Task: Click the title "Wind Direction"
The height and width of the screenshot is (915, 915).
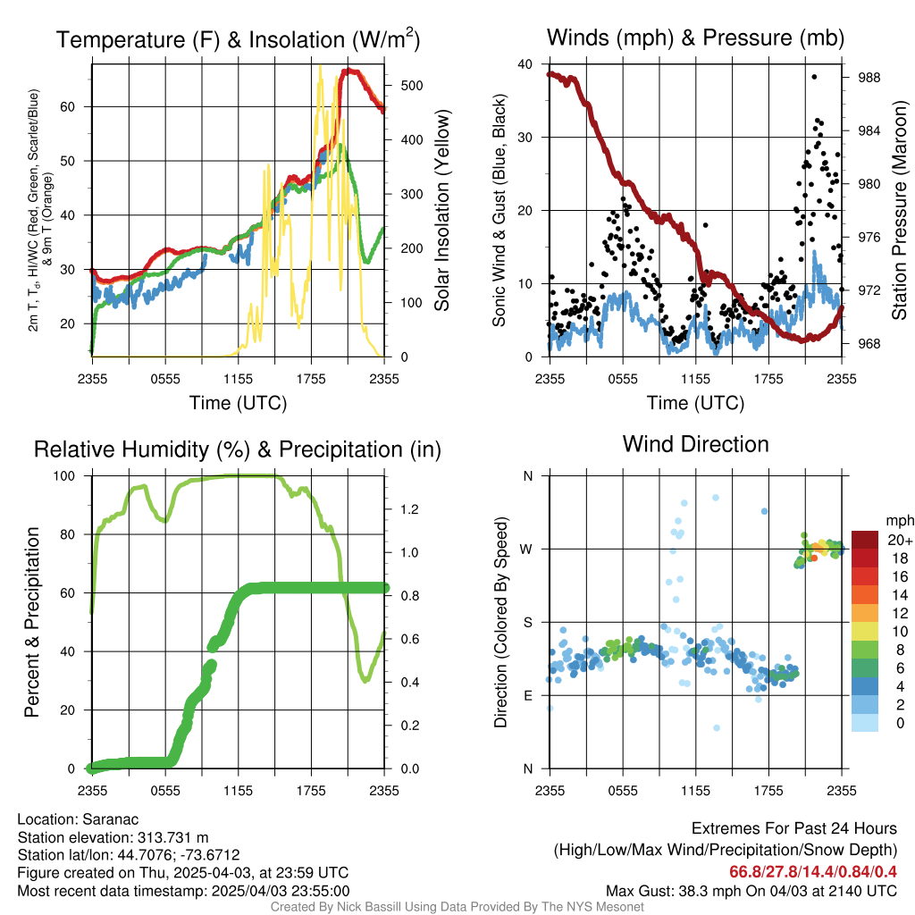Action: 695,444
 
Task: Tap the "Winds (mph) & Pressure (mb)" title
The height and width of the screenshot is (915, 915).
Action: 695,38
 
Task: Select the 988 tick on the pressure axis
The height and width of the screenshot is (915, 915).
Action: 868,78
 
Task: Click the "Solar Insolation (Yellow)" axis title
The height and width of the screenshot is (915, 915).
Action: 441,211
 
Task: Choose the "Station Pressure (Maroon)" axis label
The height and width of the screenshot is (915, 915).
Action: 899,211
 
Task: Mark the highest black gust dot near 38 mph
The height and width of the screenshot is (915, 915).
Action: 814,77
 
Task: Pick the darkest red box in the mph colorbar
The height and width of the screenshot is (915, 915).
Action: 865,540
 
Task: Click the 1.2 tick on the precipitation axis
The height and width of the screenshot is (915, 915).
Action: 410,509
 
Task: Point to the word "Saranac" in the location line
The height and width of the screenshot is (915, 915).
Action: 111,819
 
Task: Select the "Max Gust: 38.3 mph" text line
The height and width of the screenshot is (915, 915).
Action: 751,890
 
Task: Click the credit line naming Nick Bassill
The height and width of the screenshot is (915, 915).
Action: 457,907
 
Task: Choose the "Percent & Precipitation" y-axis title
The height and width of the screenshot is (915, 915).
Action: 32,622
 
